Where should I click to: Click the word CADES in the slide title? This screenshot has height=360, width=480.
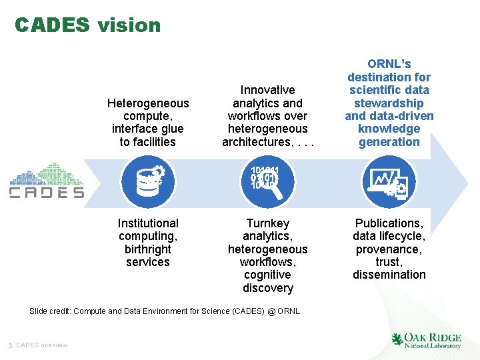coord(52,25)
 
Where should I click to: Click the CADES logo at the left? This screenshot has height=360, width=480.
coord(46,181)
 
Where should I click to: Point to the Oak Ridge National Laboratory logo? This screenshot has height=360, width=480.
coord(426,340)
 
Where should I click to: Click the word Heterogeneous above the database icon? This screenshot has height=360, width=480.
coord(148,103)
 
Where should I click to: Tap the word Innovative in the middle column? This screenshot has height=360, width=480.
coord(267,90)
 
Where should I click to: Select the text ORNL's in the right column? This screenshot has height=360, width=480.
coord(389,65)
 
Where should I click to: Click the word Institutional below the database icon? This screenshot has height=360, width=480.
coord(148,223)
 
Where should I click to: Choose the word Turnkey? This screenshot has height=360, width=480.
coord(267,223)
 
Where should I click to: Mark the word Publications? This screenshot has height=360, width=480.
coord(389,223)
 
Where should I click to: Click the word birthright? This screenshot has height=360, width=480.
coord(148,249)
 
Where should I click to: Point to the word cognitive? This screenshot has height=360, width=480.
coord(267,275)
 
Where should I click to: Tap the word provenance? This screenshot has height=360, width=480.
coord(388,249)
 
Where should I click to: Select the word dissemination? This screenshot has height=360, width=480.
coord(389,275)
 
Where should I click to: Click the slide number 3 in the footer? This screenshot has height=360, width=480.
coord(11,345)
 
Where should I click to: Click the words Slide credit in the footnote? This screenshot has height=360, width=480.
coord(50,311)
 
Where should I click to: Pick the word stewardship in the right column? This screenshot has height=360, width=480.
coord(389,103)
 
